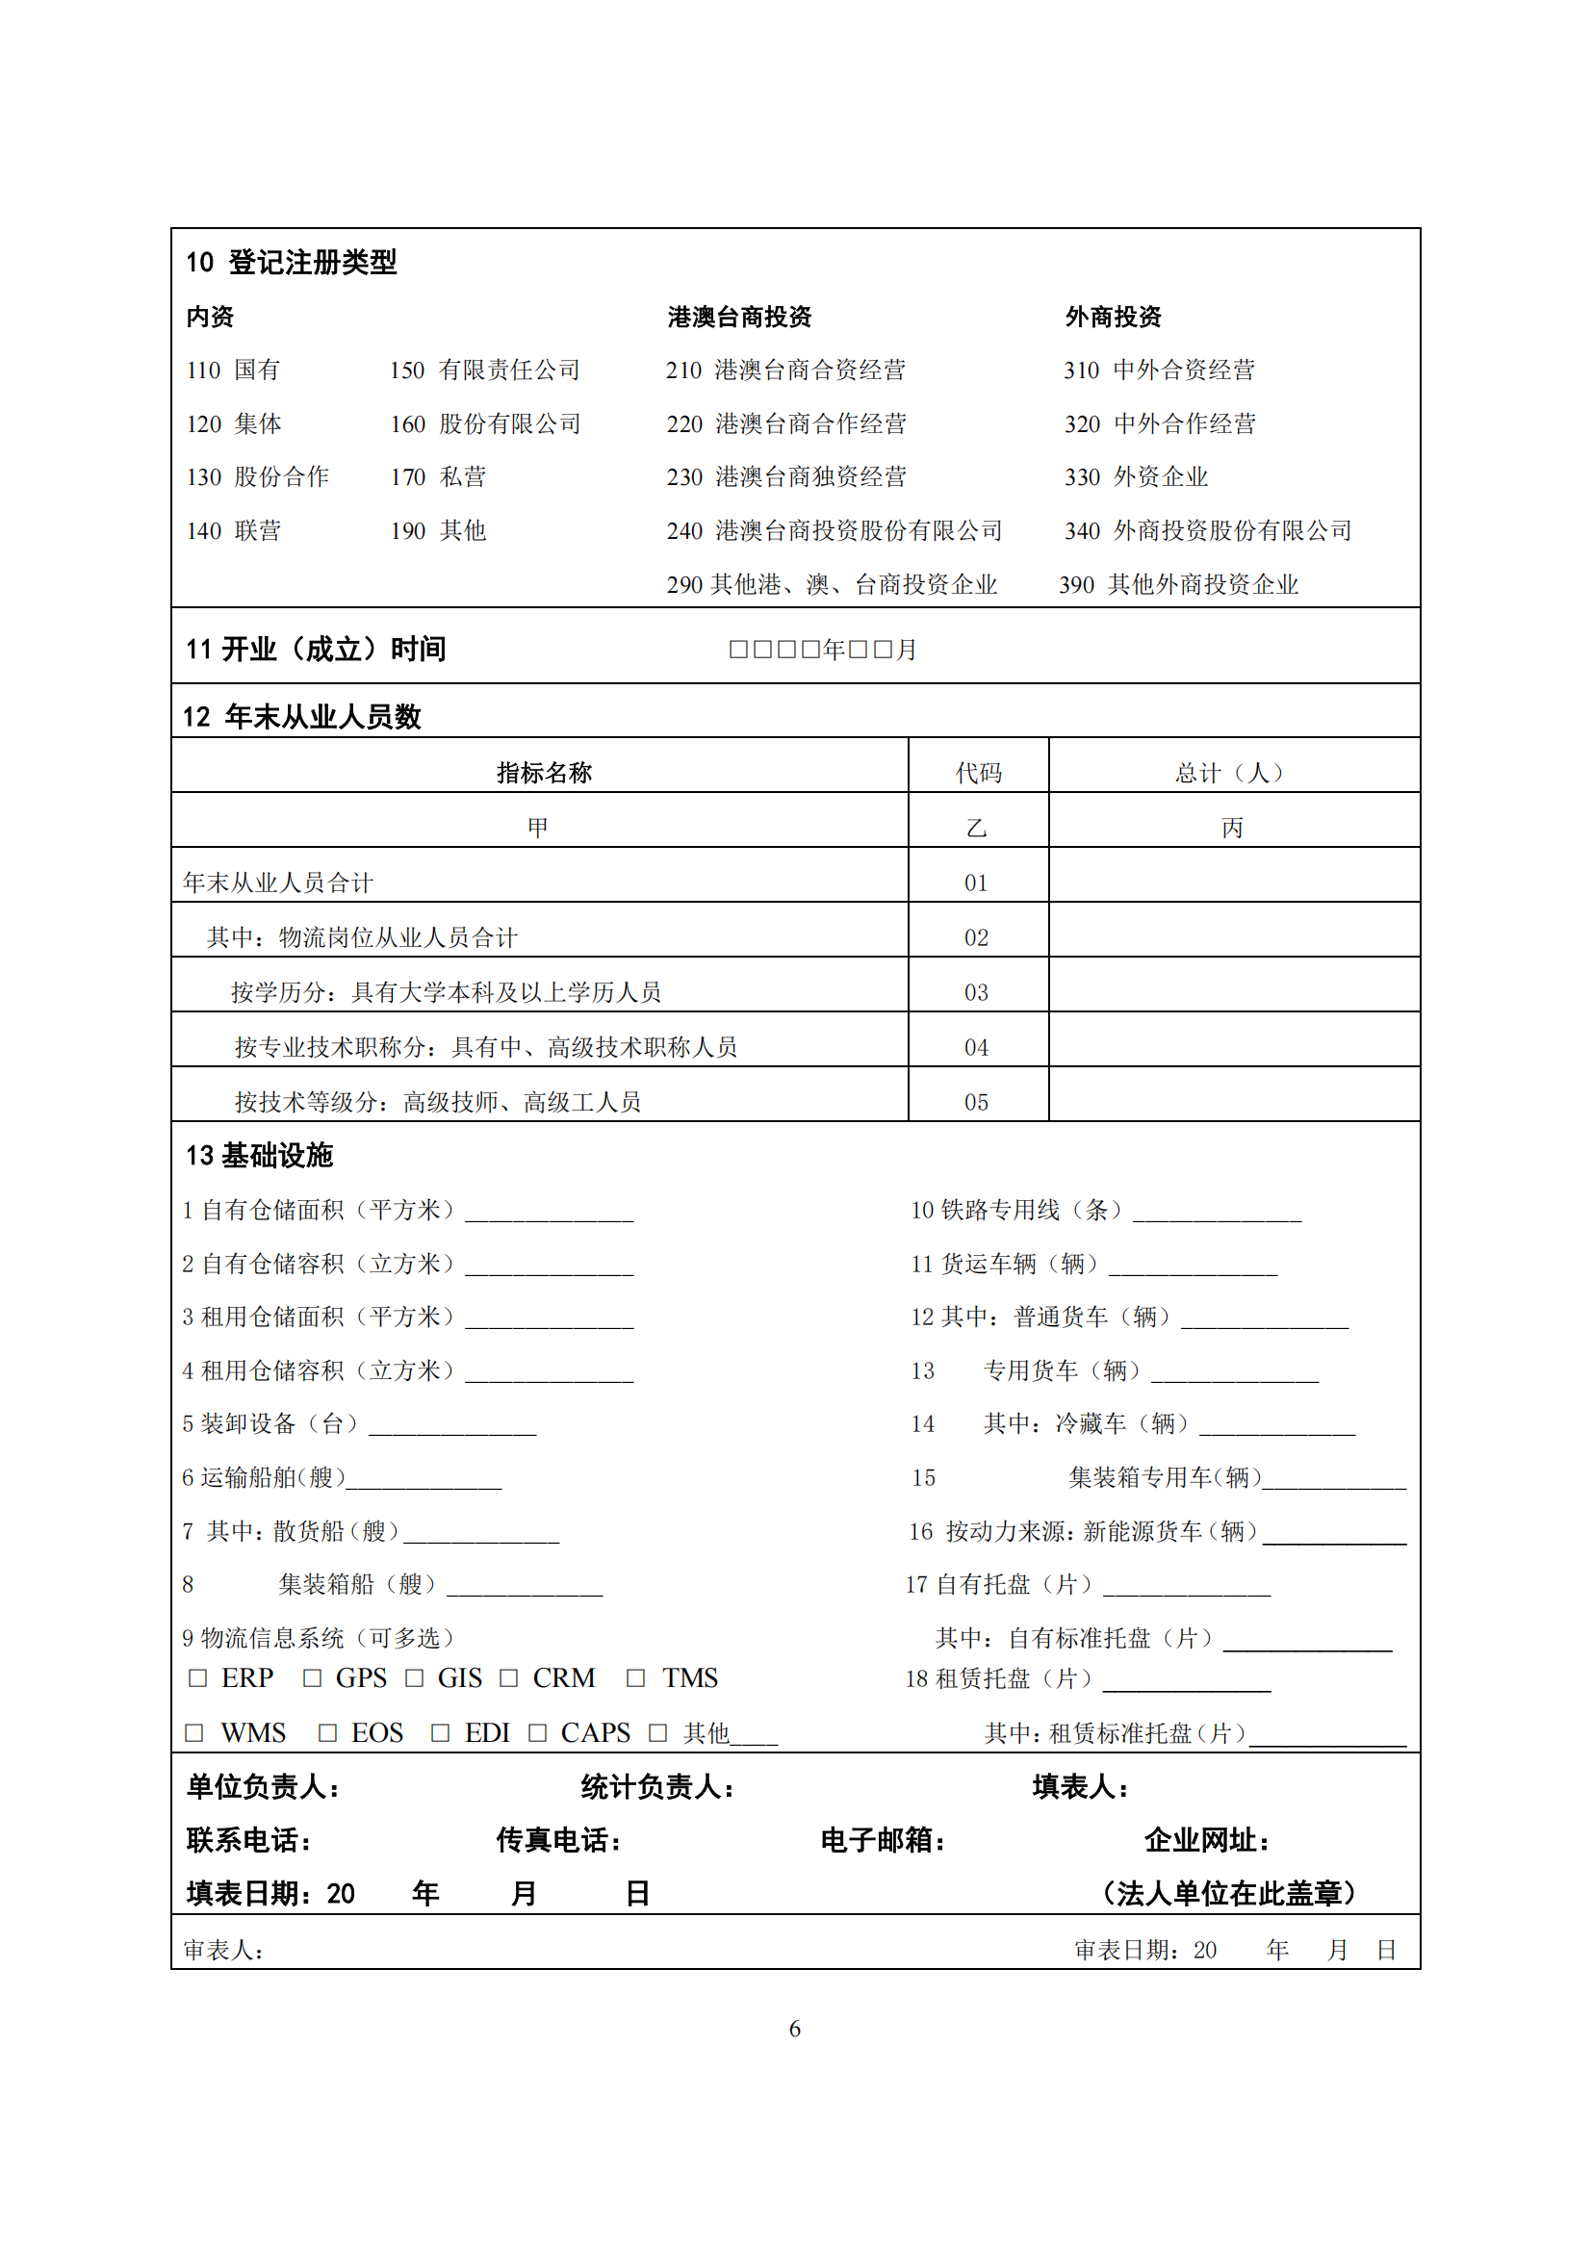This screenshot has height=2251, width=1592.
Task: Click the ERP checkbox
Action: click(x=198, y=1678)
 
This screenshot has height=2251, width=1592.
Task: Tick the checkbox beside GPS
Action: click(x=312, y=1678)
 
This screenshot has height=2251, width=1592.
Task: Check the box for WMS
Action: click(x=194, y=1733)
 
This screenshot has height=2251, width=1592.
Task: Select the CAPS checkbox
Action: click(x=537, y=1733)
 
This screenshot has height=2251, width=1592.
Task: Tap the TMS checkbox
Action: click(x=635, y=1678)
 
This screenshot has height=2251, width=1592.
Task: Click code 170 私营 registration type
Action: click(x=438, y=477)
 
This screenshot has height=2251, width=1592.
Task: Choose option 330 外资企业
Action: click(x=1136, y=477)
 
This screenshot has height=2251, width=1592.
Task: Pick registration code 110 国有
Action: click(x=233, y=371)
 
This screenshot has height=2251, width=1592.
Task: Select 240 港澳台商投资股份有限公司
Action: click(x=835, y=531)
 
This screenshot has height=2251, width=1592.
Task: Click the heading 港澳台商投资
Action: click(x=739, y=317)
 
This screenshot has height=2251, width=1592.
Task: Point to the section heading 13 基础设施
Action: click(x=260, y=1156)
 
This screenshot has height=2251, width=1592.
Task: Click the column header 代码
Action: click(x=978, y=773)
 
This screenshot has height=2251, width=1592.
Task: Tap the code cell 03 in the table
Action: click(x=976, y=992)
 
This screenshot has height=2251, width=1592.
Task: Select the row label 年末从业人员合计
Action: click(x=278, y=882)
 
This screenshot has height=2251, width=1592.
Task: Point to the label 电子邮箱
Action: click(x=883, y=1840)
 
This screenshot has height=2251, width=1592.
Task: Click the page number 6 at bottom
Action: click(x=795, y=2029)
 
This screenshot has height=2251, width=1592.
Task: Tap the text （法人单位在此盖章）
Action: click(x=1229, y=1893)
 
